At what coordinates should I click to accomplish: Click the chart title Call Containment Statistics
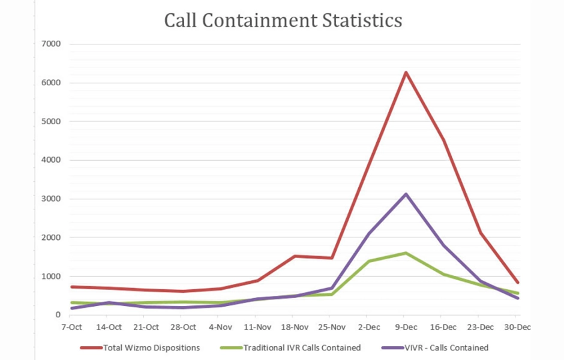click(283, 20)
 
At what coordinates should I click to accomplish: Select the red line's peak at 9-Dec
click(406, 73)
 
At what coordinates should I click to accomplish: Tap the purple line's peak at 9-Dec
click(406, 194)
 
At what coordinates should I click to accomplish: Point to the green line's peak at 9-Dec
click(406, 253)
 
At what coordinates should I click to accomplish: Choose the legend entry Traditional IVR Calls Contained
click(302, 347)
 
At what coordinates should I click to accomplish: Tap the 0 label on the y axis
click(58, 314)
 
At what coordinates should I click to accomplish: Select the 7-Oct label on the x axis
click(71, 327)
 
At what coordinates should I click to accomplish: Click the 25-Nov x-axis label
click(332, 327)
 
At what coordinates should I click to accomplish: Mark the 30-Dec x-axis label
click(518, 327)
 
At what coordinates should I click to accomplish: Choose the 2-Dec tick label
click(369, 327)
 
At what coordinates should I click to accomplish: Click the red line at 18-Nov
click(295, 256)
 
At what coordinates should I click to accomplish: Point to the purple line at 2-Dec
click(369, 234)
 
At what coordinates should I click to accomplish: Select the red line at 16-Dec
click(443, 140)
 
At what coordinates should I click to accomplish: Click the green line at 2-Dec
click(369, 261)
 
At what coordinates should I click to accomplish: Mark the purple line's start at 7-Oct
click(71, 308)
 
